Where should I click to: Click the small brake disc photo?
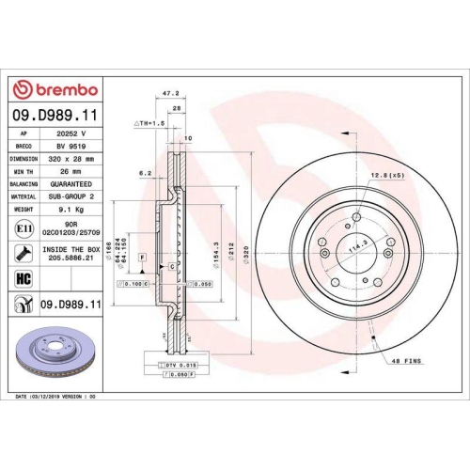[53, 356]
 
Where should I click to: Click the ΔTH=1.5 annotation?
[150, 123]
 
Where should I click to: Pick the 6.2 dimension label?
[145, 173]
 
